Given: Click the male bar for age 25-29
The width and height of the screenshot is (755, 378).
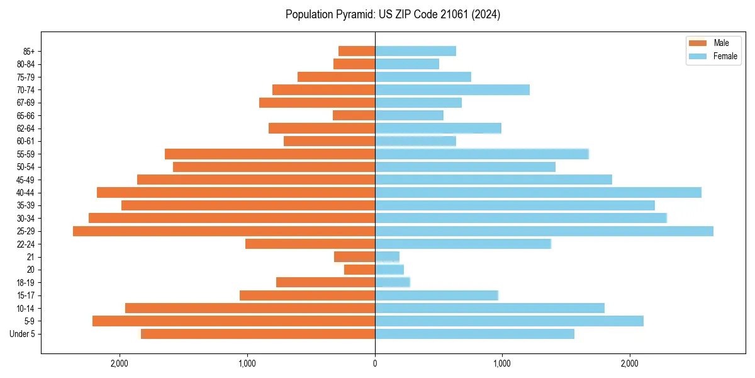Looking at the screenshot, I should point(224,231).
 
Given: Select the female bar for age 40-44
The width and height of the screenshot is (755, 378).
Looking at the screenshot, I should point(538,193).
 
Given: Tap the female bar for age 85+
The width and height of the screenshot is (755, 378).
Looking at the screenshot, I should point(415,51).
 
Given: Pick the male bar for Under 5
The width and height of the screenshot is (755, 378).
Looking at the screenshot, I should point(258,334).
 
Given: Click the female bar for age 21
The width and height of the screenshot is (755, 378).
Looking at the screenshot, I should point(387,257).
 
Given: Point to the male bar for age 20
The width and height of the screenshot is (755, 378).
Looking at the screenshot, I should point(359,270).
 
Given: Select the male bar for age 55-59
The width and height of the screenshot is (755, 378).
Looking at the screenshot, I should point(270,154).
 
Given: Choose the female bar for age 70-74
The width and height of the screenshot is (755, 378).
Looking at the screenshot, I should point(452,90).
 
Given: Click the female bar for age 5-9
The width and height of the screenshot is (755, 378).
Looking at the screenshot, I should point(509,321).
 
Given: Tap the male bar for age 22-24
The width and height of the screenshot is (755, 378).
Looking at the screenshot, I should point(310,244).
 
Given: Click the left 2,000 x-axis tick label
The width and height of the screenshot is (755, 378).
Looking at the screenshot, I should point(120,364).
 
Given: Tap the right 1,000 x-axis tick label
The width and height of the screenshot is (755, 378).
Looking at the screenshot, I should point(501,364).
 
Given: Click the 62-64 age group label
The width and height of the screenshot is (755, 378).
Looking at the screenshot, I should point(25,129).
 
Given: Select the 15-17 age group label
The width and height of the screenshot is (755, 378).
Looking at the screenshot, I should point(25,295).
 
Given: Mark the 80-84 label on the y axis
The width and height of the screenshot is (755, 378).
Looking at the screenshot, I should point(25,64).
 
